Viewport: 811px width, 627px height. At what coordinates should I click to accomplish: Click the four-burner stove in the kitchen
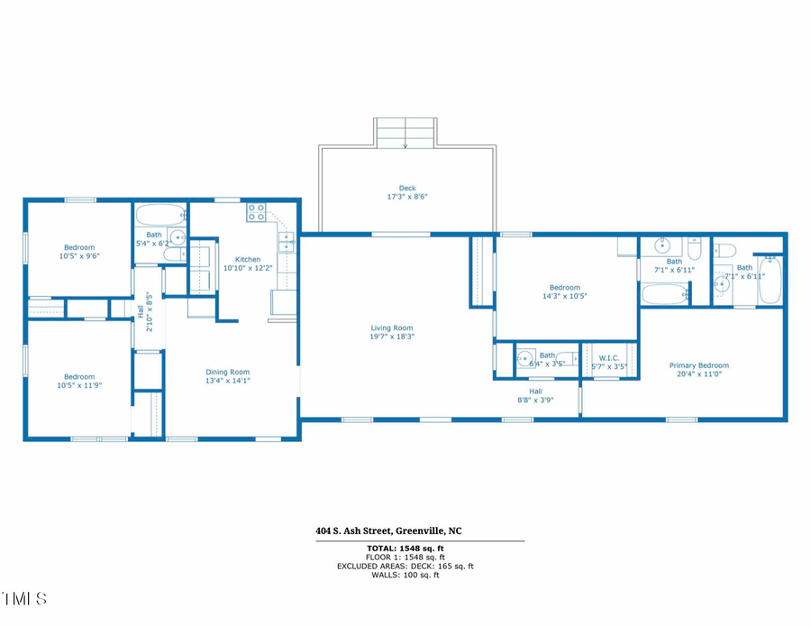pos(257,213)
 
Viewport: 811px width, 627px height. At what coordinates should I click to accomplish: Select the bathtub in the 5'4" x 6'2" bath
pos(160,216)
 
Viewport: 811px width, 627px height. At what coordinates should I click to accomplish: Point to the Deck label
pos(407,189)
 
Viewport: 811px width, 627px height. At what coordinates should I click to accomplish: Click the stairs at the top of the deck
pos(405,132)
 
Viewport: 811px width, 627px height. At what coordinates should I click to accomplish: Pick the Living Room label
pos(392,328)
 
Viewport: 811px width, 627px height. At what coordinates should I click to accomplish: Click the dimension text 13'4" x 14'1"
pos(227,381)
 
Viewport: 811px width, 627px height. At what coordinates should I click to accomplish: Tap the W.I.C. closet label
pos(609,357)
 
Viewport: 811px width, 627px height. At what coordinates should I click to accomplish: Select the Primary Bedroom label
pos(698,365)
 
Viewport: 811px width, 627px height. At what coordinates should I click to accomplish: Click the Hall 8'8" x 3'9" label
pos(535,392)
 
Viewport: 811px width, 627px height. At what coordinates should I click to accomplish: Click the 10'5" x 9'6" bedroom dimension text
pos(79,256)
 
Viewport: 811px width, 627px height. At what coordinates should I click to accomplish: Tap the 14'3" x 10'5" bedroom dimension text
pos(564,295)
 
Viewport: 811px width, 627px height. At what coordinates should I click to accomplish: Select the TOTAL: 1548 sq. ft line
pos(405,549)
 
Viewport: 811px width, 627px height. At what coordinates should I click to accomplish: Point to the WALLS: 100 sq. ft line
pos(405,575)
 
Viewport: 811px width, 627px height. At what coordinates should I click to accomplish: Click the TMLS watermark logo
pos(24,599)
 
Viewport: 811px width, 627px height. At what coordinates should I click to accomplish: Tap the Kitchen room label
pos(248,260)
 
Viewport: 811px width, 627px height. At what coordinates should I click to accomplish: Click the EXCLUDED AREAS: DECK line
pos(405,567)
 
